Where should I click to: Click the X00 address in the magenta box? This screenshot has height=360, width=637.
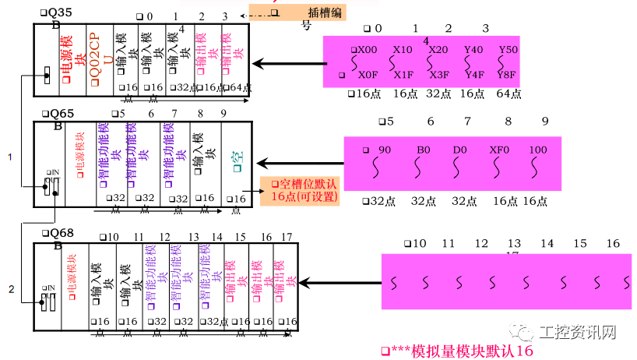(x=366, y=49)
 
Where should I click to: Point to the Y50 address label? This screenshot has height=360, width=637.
(x=508, y=49)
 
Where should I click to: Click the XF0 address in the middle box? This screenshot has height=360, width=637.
(x=498, y=149)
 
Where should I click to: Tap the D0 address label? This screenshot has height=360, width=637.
(x=465, y=149)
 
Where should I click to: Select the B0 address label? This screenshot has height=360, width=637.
(x=424, y=149)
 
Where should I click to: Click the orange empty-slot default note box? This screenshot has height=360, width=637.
(x=303, y=190)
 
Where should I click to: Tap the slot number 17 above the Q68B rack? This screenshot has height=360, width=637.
(x=287, y=237)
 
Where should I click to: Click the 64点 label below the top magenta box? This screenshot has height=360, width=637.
(x=508, y=94)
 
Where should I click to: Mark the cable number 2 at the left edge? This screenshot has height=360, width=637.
(x=11, y=290)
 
